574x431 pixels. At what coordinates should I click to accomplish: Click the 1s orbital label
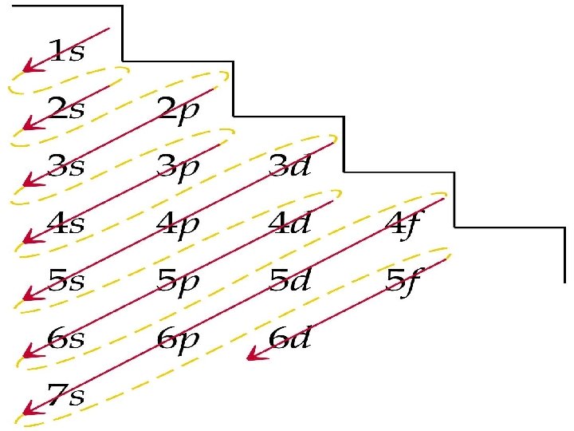67,52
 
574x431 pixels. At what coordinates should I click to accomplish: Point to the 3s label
67,166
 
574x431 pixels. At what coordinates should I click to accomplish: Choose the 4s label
67,223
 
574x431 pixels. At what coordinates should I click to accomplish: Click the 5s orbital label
67,280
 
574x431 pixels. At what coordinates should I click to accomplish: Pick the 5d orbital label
289,280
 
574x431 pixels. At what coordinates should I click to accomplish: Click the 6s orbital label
67,338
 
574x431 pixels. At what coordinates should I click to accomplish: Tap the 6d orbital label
289,338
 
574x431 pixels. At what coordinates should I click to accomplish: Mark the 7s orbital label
67,394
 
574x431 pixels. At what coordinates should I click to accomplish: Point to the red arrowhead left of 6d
254,355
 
